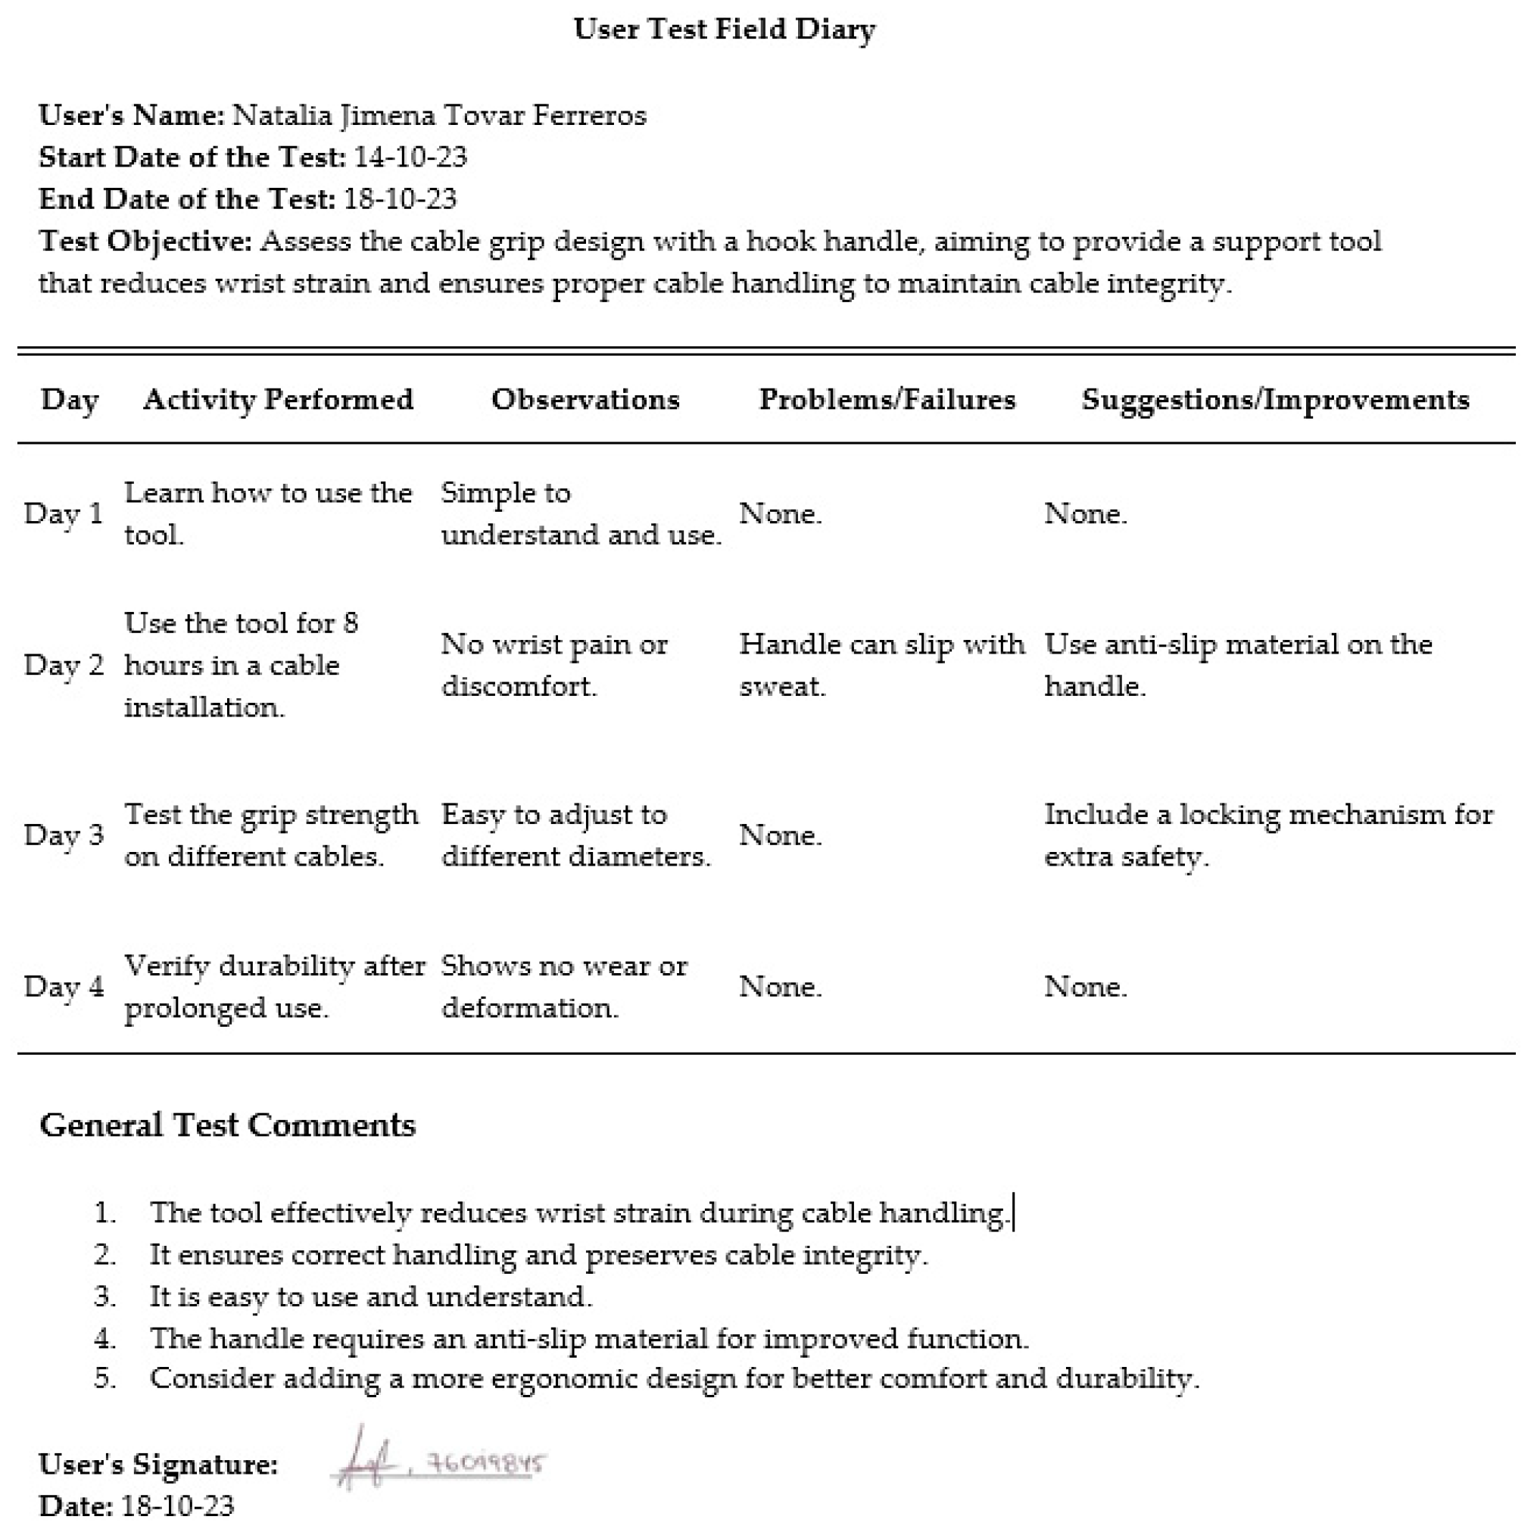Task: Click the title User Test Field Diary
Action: pyautogui.click(x=724, y=30)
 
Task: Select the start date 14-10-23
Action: pyautogui.click(x=410, y=157)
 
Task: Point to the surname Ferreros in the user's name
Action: pyautogui.click(x=589, y=115)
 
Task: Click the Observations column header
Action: pyautogui.click(x=585, y=399)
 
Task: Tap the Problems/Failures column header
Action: pyautogui.click(x=887, y=399)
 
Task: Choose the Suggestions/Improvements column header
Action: pyautogui.click(x=1275, y=399)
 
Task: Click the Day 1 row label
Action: pyautogui.click(x=64, y=514)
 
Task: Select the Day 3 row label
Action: pyautogui.click(x=64, y=835)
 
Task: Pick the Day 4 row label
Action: pyautogui.click(x=64, y=987)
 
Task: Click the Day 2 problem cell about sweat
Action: pyautogui.click(x=881, y=664)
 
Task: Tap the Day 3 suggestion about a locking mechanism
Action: pyautogui.click(x=1268, y=835)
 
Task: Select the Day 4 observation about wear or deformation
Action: pyautogui.click(x=564, y=987)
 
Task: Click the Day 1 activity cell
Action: pyautogui.click(x=267, y=513)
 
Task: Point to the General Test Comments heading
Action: pyautogui.click(x=228, y=1125)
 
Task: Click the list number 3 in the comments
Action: pyautogui.click(x=104, y=1297)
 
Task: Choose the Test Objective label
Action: pyautogui.click(x=145, y=241)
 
